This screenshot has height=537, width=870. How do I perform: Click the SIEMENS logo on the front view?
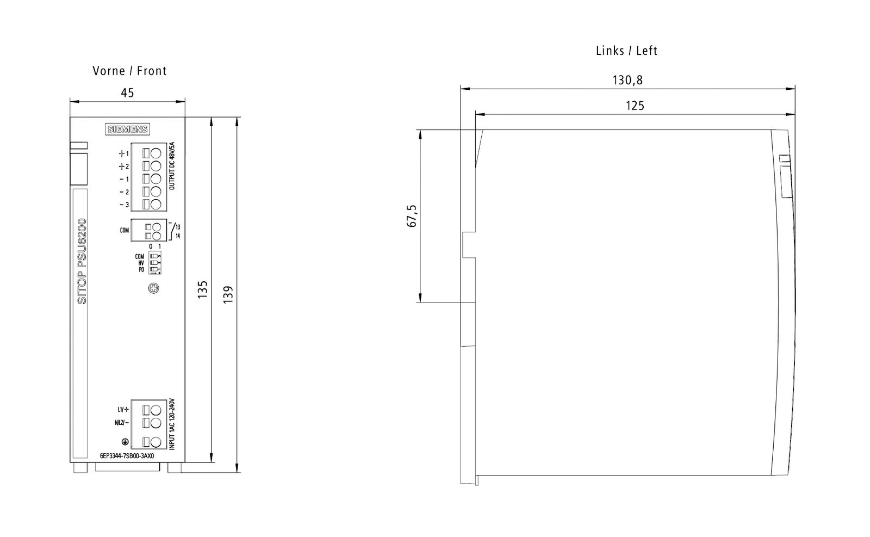pyautogui.click(x=127, y=129)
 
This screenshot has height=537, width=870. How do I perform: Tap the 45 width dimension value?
pyautogui.click(x=127, y=93)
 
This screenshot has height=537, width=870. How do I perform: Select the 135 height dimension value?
pyautogui.click(x=202, y=291)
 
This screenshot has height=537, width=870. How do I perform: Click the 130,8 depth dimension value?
pyautogui.click(x=627, y=81)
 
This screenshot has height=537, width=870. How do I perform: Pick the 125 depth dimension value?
pyautogui.click(x=635, y=106)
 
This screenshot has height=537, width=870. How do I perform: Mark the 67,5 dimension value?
pyautogui.click(x=412, y=215)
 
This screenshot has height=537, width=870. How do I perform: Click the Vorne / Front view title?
pyautogui.click(x=129, y=71)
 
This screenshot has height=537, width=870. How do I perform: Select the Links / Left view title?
pyautogui.click(x=626, y=51)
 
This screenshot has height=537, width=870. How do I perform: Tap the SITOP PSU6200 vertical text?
pyautogui.click(x=82, y=261)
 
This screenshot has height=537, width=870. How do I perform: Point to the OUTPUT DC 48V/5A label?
pyautogui.click(x=172, y=165)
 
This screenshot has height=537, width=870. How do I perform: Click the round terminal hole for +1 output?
pyautogui.click(x=156, y=153)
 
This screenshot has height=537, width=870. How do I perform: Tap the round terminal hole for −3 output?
pyautogui.click(x=156, y=204)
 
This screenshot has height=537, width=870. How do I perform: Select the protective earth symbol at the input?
pyautogui.click(x=125, y=442)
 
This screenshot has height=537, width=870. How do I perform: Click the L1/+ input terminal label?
pyautogui.click(x=123, y=410)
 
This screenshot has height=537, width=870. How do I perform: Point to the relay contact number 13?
pyautogui.click(x=178, y=226)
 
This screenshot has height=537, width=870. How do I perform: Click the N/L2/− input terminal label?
pyautogui.click(x=122, y=423)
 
